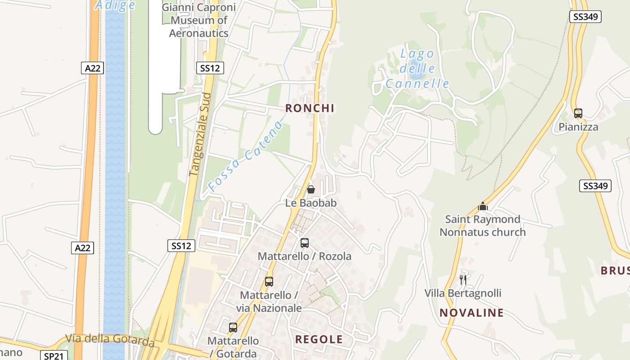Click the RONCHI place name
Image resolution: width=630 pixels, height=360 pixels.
pos(310,108)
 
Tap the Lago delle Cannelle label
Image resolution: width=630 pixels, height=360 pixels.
pos(417,69)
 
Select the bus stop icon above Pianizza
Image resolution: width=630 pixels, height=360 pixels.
pos(578,113)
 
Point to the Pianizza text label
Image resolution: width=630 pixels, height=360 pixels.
pos(578,127)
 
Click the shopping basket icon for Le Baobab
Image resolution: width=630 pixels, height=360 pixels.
pos(310,189)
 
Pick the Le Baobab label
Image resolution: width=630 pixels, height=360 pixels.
pos(310,203)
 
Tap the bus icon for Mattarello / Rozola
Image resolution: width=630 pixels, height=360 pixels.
pos(305,243)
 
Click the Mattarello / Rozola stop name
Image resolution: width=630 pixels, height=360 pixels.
pos(304,256)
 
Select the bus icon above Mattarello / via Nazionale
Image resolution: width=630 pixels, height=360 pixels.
pos(269,282)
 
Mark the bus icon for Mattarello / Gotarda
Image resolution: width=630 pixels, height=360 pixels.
pos(233,328)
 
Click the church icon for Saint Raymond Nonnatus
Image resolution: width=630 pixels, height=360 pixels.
pos(483,206)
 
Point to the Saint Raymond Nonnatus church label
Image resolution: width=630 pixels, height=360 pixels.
pos(482,226)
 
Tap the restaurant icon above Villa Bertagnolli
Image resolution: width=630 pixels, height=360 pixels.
pos(463,279)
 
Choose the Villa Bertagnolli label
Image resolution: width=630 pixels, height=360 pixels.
pos(463,293)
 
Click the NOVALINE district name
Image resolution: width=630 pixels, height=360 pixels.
pos(471,313)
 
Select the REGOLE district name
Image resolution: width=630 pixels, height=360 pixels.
pos(319,340)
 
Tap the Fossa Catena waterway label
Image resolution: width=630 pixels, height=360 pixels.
pos(246,156)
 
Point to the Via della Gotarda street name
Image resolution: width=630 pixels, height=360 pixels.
pos(110,340)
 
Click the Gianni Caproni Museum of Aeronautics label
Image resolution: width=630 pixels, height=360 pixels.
pos(198,20)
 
